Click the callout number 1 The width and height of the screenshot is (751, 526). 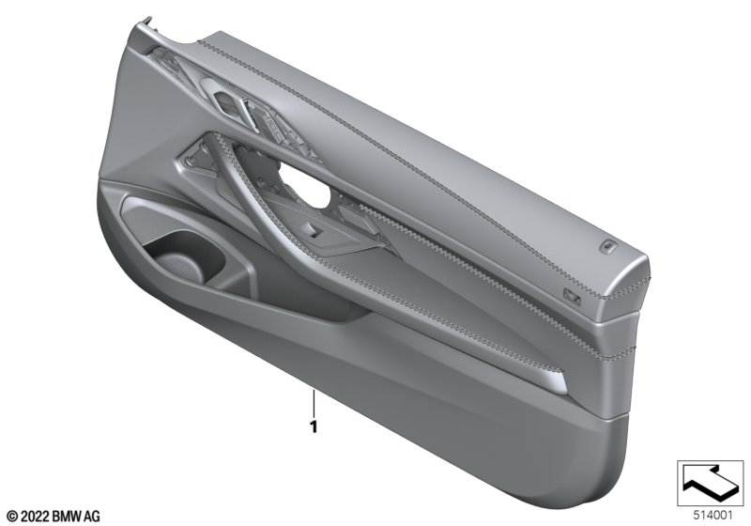click(314, 426)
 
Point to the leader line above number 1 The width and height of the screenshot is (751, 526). click(314, 404)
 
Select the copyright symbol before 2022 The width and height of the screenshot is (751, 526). click(12, 516)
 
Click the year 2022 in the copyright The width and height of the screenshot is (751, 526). click(35, 516)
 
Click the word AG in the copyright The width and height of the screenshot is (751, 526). click(92, 516)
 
